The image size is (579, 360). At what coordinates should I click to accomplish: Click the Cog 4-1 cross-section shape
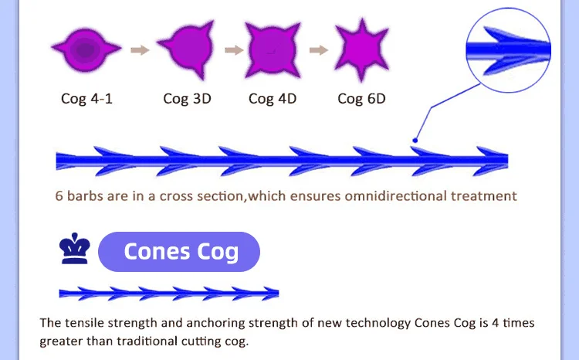click(86, 49)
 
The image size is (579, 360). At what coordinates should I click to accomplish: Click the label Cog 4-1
click(86, 99)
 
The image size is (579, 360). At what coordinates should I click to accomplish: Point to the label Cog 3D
click(187, 99)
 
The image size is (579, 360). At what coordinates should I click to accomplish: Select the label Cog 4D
click(273, 99)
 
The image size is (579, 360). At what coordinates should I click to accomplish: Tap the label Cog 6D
click(361, 99)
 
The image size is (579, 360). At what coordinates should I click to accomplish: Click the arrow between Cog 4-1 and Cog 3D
click(139, 51)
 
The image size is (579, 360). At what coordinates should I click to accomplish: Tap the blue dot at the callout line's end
click(415, 141)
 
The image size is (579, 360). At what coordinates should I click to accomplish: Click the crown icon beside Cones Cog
click(75, 249)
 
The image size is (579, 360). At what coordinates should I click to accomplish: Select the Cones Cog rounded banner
click(180, 252)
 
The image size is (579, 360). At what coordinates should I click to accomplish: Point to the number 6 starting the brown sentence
click(59, 195)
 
